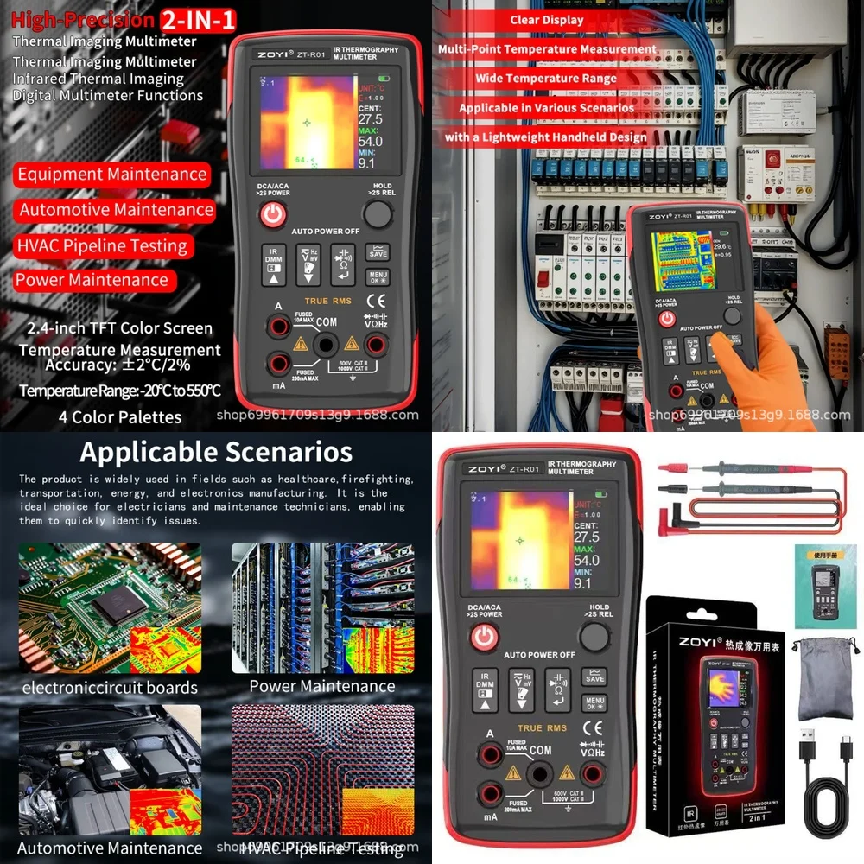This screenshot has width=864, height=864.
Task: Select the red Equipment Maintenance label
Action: tap(112, 175)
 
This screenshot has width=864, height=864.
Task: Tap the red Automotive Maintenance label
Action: tap(116, 210)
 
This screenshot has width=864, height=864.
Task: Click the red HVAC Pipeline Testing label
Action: tap(102, 246)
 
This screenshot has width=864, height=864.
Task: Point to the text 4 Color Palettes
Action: tap(120, 417)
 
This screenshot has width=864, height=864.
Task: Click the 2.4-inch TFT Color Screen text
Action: tap(119, 328)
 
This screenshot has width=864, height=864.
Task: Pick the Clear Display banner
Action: tap(547, 20)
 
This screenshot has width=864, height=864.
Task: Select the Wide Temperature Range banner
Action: tap(545, 79)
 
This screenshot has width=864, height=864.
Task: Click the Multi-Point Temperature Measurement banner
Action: tap(547, 49)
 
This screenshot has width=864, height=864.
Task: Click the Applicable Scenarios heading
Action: tap(216, 453)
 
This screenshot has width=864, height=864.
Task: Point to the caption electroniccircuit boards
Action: tap(110, 688)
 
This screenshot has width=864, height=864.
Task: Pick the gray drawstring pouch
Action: tap(825, 677)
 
